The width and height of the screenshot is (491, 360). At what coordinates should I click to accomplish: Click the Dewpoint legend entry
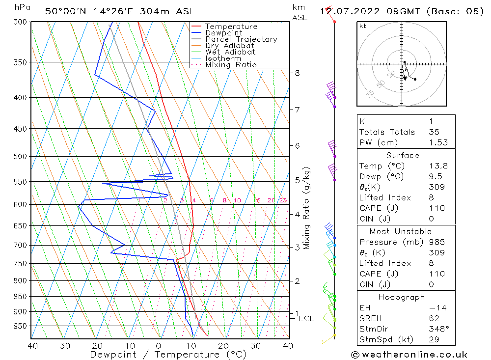pos(223,33)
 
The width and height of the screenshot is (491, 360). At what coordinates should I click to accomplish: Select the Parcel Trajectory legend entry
pos(241,39)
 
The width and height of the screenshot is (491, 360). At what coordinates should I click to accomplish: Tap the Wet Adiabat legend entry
pos(230,52)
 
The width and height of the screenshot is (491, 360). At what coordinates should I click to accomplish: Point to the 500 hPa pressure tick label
pos(20,157)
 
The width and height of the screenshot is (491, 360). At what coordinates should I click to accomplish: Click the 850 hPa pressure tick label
pos(20,297)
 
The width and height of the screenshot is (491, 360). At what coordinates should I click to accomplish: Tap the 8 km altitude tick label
pos(297,73)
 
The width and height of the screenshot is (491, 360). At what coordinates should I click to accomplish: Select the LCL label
pos(306,319)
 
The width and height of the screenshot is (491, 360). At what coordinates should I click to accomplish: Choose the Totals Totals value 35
pos(434,132)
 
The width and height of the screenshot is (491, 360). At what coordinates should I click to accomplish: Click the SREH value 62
pos(434,318)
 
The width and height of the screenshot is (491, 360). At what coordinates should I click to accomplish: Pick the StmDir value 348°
pos(436,329)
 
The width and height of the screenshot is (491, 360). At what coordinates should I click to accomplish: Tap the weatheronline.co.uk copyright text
pos(409,355)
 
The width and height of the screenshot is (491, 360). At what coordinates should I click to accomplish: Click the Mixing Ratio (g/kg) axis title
pos(307,208)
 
